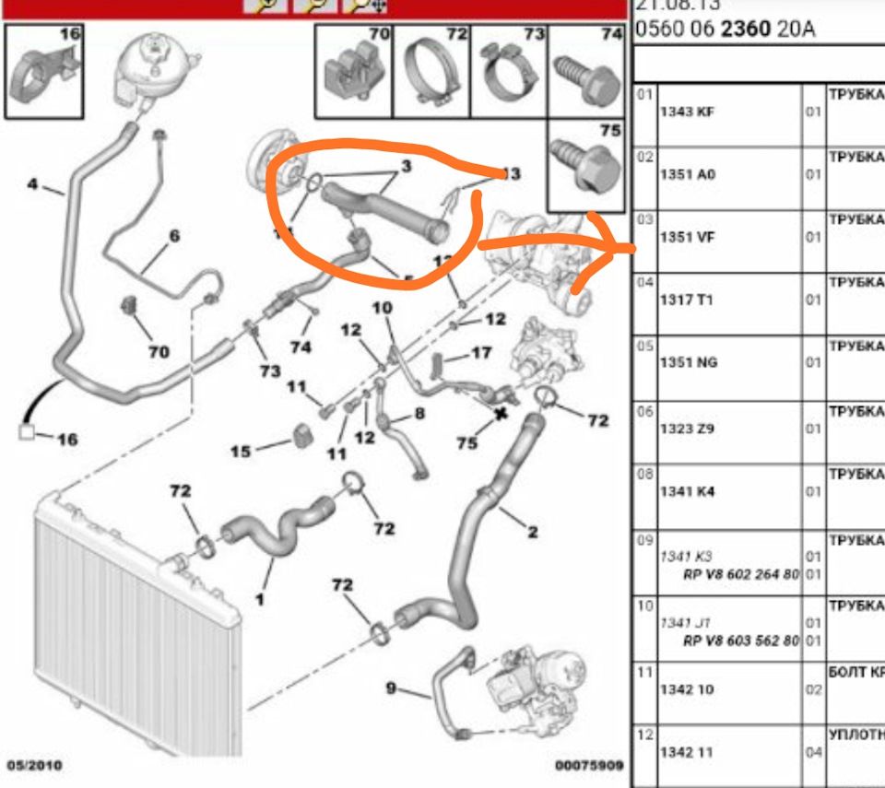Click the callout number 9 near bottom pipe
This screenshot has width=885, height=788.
click(x=391, y=688)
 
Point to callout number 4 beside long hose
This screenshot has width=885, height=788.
click(x=33, y=184)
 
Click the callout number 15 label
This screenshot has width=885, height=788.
click(x=242, y=451)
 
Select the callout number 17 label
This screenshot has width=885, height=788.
click(x=481, y=352)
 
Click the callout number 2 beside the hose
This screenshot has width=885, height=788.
click(x=532, y=531)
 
